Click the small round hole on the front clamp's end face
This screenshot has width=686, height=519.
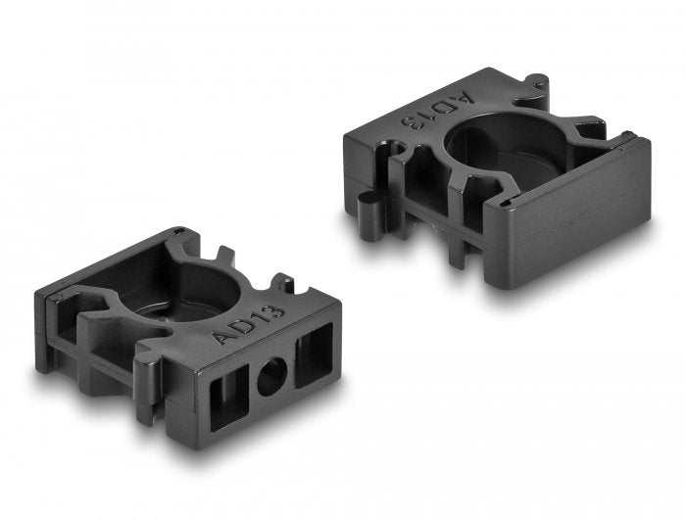[x=271, y=376]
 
